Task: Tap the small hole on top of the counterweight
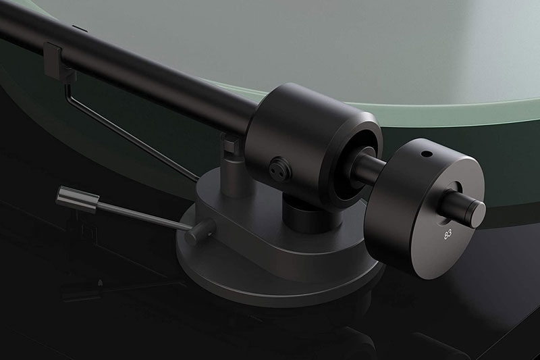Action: (x=425, y=155)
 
